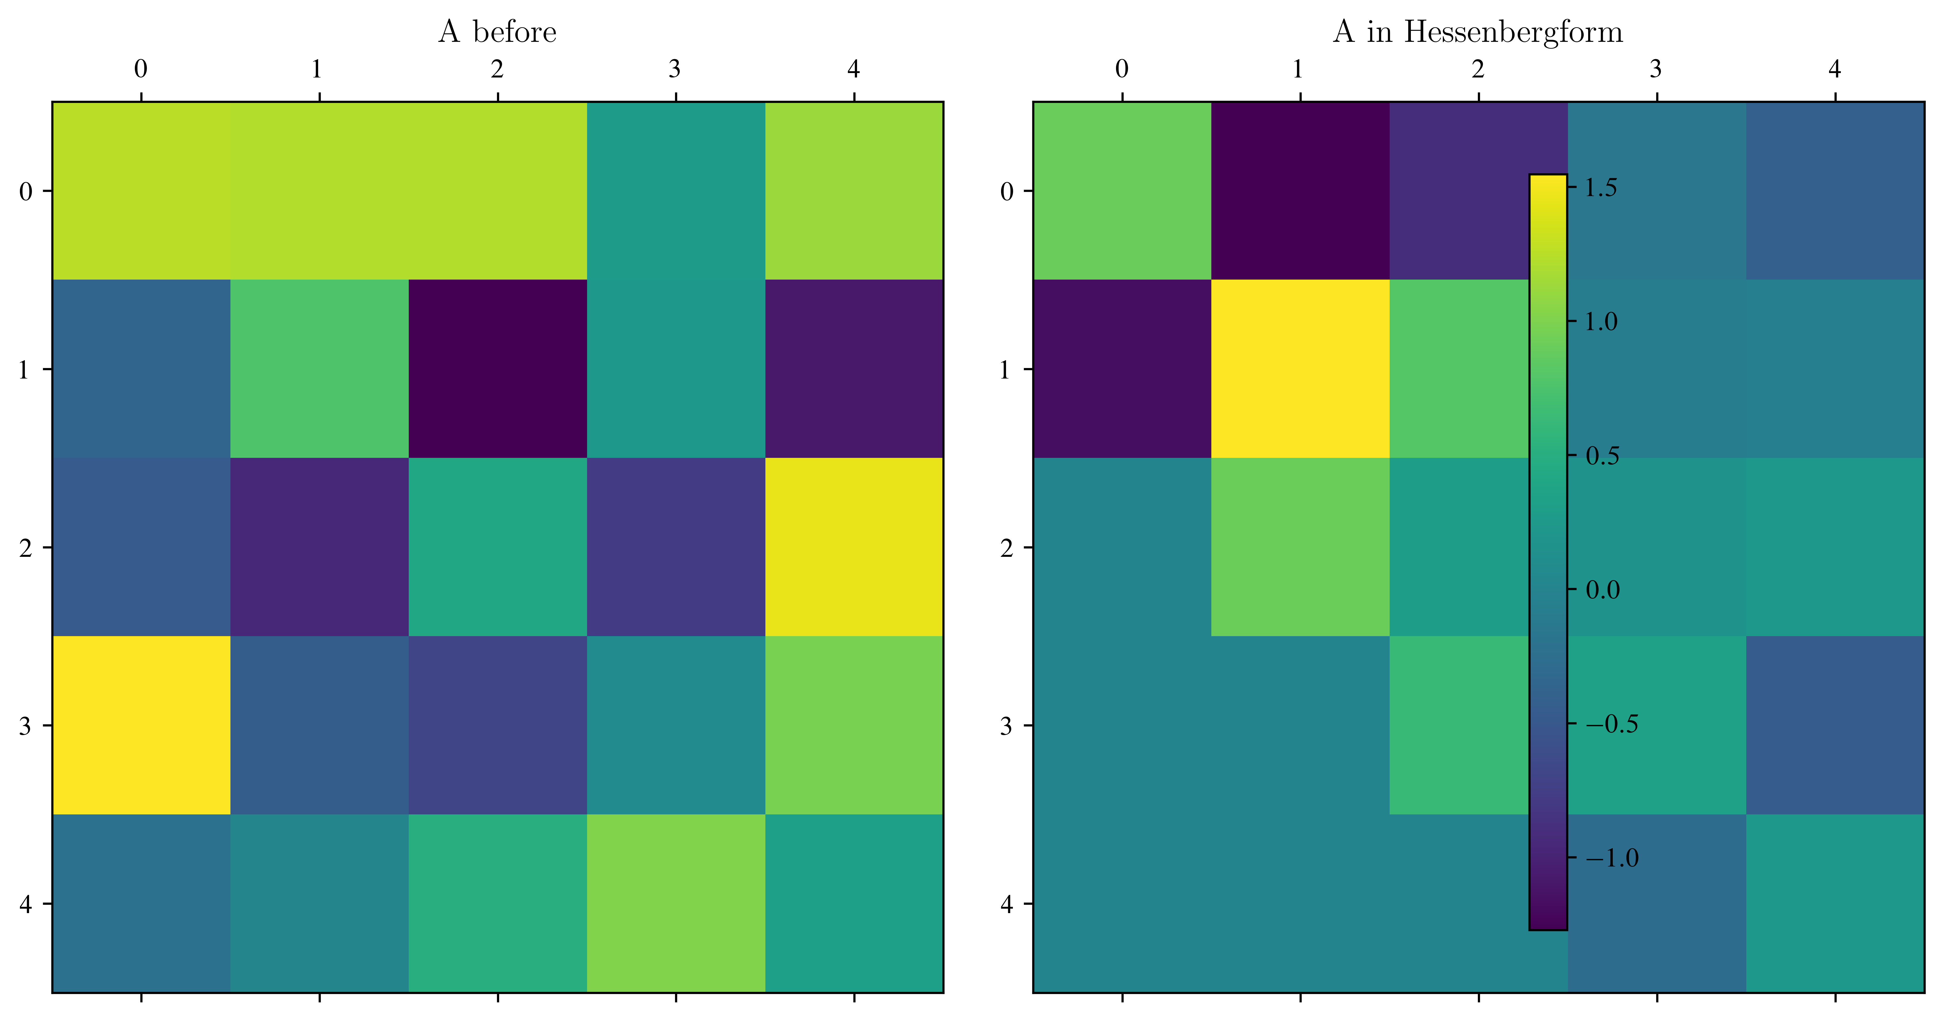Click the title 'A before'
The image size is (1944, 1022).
coord(497,32)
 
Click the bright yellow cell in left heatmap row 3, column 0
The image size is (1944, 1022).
coord(141,725)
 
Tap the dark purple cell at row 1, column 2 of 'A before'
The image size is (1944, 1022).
coord(497,369)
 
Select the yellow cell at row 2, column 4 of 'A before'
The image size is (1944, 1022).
coord(854,547)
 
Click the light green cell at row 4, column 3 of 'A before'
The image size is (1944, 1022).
coord(675,903)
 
